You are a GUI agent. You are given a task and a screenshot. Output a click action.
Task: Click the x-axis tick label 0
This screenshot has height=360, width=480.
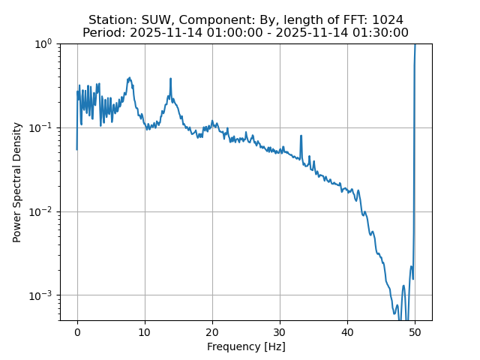click(x=77, y=331)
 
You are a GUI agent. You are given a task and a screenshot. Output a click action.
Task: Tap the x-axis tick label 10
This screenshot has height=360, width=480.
click(x=145, y=331)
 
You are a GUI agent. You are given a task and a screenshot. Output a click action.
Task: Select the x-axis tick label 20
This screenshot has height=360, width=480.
click(x=212, y=331)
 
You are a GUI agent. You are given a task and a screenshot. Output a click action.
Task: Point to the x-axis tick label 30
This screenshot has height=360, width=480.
click(x=280, y=331)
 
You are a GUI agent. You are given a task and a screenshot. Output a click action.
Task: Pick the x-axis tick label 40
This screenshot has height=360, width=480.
click(x=347, y=331)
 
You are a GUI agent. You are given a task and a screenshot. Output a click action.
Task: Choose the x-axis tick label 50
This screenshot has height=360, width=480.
click(x=415, y=331)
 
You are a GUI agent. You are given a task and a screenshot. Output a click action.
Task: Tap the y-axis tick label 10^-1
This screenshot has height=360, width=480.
click(x=42, y=127)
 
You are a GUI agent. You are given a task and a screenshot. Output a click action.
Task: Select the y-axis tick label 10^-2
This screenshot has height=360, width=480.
click(x=42, y=211)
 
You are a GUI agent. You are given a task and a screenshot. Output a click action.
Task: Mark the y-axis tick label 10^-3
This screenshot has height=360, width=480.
click(x=42, y=295)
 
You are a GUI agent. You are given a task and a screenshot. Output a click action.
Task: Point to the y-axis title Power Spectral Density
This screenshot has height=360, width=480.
click(x=17, y=182)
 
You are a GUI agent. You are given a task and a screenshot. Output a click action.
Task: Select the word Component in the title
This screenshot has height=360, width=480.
click(x=214, y=20)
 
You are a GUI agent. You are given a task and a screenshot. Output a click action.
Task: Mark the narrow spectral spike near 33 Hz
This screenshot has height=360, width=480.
click(x=301, y=136)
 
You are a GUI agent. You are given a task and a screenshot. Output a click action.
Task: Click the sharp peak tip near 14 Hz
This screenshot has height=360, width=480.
click(x=171, y=79)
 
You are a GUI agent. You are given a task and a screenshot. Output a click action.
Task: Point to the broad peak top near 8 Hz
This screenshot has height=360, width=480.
click(x=130, y=78)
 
